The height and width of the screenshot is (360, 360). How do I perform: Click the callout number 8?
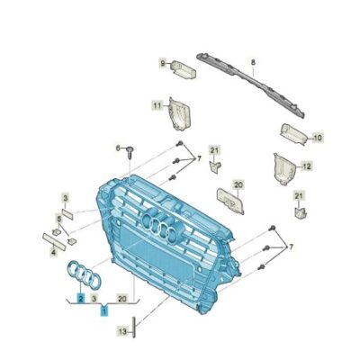pos(254,62)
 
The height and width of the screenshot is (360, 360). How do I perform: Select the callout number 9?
pos(164,63)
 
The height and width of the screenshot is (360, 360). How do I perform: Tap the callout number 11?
pos(156,106)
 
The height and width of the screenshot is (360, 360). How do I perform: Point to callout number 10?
pos(316,138)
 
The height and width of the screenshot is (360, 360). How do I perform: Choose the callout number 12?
pos(306,166)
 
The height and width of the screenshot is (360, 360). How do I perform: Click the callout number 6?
pos(117,147)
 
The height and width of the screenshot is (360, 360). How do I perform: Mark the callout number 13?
pos(121,331)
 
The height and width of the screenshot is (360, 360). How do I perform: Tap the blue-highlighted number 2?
pos(81,296)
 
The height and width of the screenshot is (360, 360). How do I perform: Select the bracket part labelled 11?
pos(176,114)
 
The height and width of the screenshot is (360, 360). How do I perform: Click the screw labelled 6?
pos(131,154)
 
